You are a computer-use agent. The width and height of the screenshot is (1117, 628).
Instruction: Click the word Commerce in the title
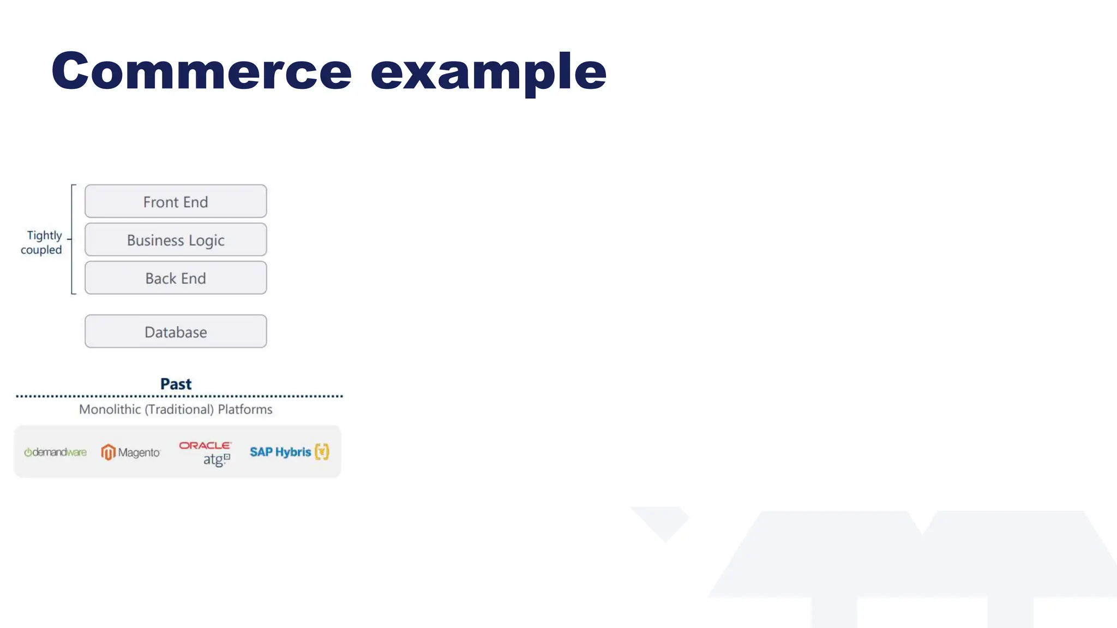[201, 71]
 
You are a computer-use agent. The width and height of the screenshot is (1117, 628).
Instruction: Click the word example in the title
[488, 71]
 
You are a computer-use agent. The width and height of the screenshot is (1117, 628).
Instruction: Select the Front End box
[176, 202]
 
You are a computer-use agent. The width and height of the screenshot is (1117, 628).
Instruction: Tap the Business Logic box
[176, 240]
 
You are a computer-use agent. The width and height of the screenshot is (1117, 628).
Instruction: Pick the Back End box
[176, 278]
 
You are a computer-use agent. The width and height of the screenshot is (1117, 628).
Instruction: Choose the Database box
[176, 331]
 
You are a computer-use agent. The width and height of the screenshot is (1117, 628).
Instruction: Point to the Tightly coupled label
[42, 243]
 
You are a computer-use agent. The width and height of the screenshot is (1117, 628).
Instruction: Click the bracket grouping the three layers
[72, 240]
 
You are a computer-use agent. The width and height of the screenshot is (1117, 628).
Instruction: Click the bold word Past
[176, 384]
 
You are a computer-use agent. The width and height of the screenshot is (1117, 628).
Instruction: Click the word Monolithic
[110, 409]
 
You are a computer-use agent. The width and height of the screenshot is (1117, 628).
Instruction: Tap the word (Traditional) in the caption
[179, 409]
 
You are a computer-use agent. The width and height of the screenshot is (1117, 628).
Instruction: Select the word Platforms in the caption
[245, 409]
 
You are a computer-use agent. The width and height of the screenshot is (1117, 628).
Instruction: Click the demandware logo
[55, 452]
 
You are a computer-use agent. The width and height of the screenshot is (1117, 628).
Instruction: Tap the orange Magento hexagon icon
[108, 452]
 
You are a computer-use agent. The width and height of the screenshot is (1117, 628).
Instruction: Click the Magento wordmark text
[139, 452]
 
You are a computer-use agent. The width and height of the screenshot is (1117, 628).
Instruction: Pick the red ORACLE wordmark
[205, 445]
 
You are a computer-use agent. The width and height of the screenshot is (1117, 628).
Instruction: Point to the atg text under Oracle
[214, 460]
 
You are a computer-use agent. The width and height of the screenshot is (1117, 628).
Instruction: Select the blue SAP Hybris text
[280, 452]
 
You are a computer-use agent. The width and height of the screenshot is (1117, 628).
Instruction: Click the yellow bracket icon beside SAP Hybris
[322, 452]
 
